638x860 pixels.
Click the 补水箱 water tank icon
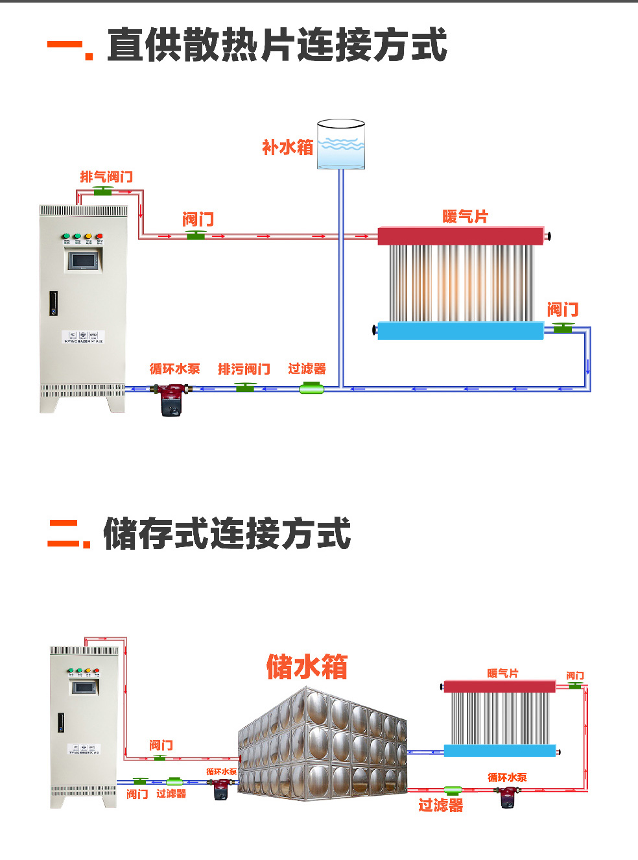tap(341, 145)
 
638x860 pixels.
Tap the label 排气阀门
tap(106, 177)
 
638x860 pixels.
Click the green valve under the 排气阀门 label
tap(103, 191)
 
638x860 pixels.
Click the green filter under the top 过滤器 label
tap(311, 388)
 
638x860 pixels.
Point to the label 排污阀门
tap(244, 369)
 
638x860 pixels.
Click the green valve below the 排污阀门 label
tap(245, 387)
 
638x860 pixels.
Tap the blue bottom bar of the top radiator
tap(460, 331)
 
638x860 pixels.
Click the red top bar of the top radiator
tap(460, 236)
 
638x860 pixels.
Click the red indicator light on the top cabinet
tap(99, 237)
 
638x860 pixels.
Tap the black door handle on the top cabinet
tap(54, 303)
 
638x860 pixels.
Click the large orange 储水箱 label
tap(307, 667)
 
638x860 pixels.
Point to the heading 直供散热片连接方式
tap(277, 45)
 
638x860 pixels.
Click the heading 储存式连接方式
tap(227, 534)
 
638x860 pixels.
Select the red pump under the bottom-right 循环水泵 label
tap(508, 796)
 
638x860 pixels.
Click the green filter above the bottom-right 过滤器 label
tap(453, 790)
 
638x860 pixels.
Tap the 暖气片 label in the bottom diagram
tap(502, 673)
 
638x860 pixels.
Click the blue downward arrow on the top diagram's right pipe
tap(587, 367)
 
